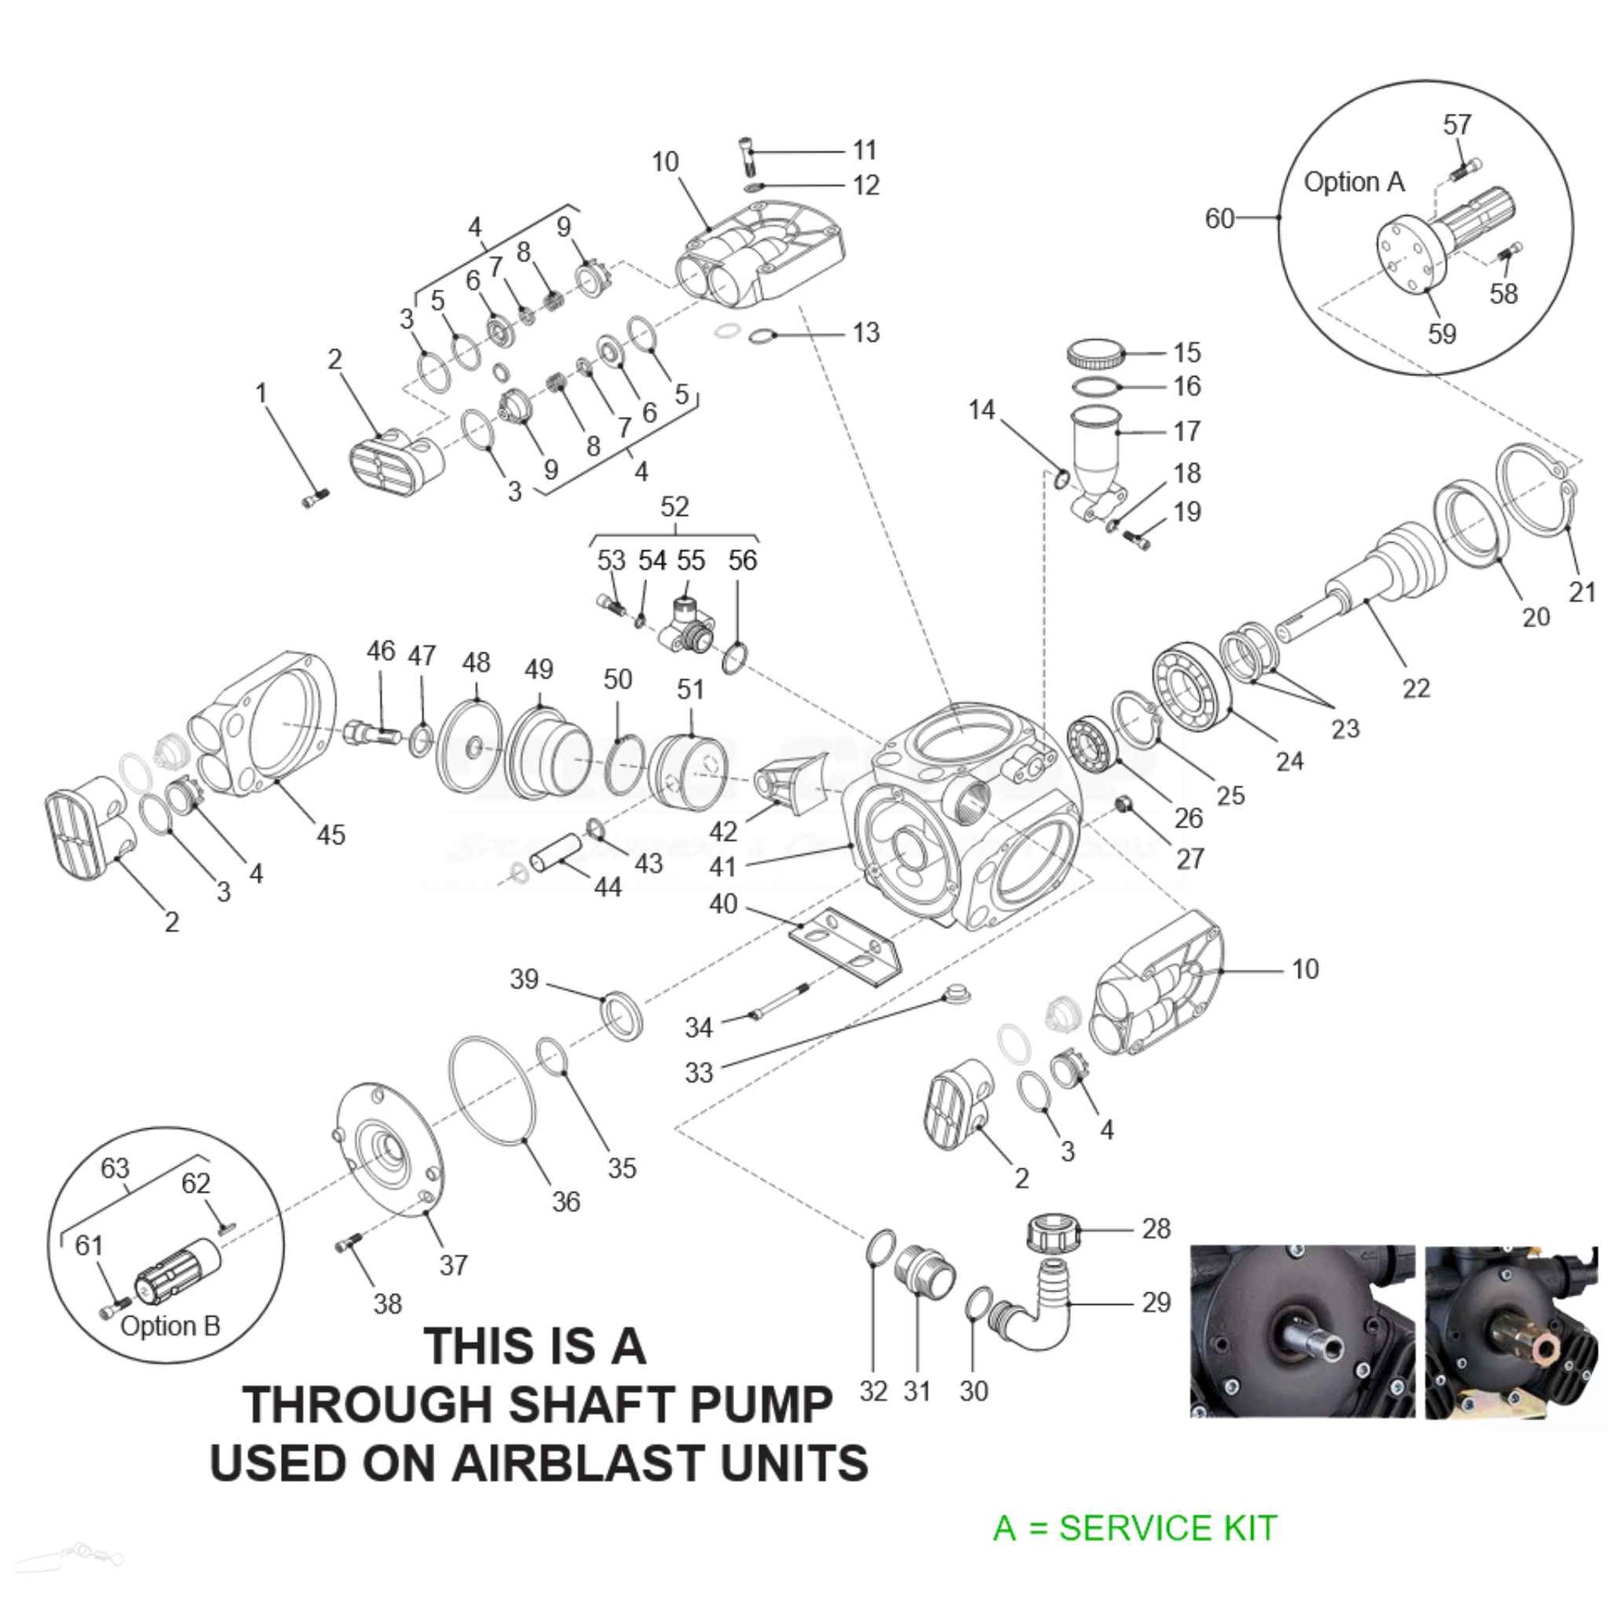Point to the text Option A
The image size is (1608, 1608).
[x=1353, y=182]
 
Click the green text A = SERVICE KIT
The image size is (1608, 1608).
[x=1134, y=1528]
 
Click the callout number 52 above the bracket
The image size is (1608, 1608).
[x=674, y=506]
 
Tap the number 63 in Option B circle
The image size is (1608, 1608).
[x=115, y=1167]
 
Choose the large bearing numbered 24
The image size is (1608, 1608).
[x=1191, y=687]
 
